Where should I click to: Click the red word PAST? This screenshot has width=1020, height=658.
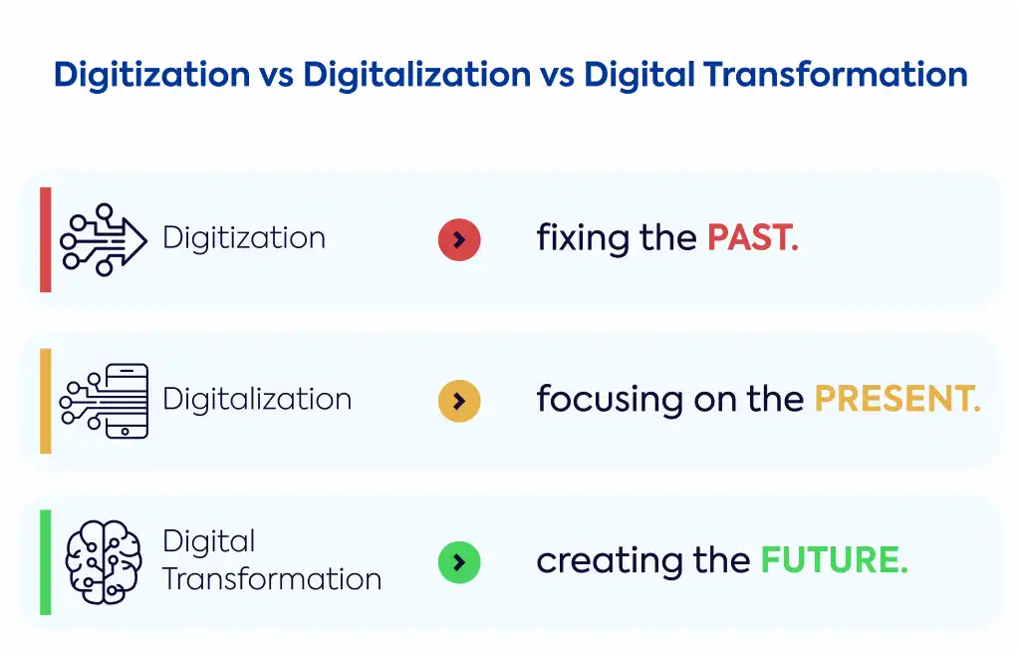(753, 237)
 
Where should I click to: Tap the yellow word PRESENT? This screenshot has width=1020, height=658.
(897, 399)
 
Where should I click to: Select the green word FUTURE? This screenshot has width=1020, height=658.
(834, 559)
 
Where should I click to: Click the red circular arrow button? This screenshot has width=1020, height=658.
(459, 239)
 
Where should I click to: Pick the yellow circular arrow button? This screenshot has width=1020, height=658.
(459, 401)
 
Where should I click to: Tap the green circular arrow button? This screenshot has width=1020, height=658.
(459, 562)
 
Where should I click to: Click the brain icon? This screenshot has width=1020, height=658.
(104, 562)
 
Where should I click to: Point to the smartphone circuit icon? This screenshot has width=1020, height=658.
(104, 401)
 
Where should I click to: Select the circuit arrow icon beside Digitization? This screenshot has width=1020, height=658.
(104, 239)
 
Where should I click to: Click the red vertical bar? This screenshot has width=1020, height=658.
(46, 239)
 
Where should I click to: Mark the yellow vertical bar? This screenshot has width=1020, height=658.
(46, 401)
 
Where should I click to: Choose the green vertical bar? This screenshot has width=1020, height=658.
(46, 562)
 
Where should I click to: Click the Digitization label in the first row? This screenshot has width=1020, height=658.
(244, 238)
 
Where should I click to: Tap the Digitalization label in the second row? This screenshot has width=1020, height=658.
(257, 399)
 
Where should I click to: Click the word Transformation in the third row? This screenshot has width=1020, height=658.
(272, 579)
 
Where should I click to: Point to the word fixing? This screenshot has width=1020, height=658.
(583, 239)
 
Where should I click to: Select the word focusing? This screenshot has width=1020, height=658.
(610, 400)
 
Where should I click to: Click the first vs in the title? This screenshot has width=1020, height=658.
(277, 77)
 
